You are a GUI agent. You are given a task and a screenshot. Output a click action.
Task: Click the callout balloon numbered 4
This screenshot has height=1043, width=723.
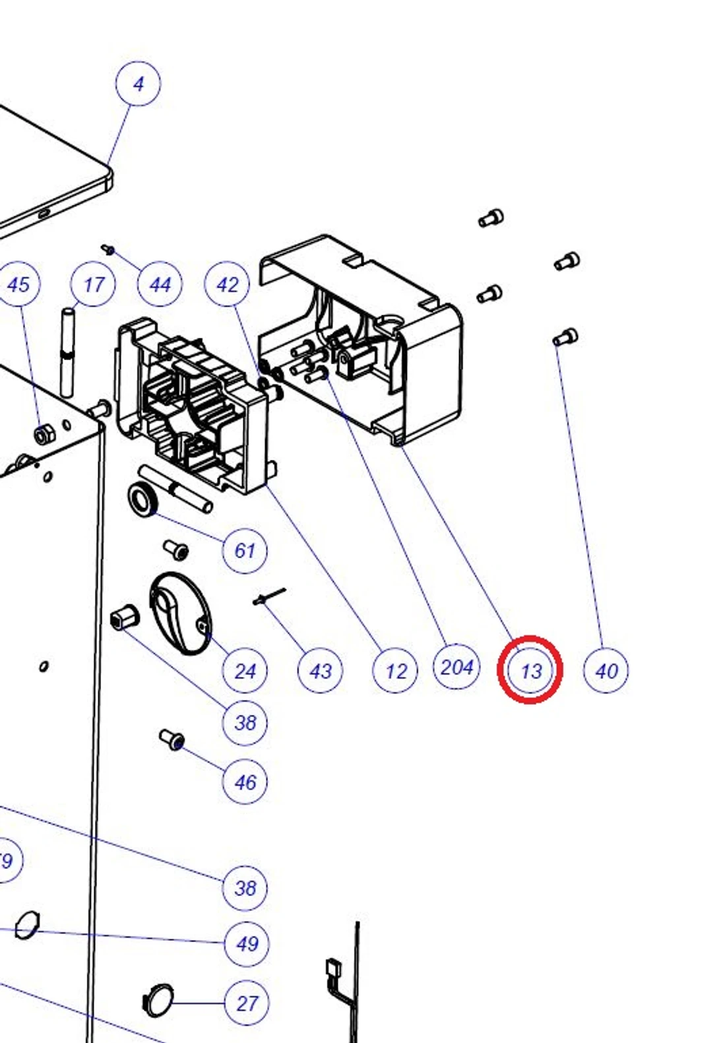point(138,84)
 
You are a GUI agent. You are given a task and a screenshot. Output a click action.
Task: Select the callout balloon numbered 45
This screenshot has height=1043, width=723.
point(18,284)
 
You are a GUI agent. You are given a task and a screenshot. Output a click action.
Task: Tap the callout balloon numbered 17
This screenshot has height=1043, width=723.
point(94,284)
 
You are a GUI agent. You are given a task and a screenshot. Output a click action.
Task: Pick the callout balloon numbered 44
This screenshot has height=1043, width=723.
point(160,284)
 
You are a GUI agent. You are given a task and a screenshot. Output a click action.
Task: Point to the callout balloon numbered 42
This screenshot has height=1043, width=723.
point(227,284)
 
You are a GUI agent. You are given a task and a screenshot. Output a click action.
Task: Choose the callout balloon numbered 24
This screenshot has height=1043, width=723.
point(245,671)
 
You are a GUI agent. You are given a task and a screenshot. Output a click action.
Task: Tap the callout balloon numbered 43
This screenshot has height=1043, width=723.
point(321,671)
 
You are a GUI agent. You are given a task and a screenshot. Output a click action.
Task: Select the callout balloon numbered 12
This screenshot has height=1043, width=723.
point(395,671)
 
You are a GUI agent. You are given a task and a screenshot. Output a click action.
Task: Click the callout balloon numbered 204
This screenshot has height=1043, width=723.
point(456,667)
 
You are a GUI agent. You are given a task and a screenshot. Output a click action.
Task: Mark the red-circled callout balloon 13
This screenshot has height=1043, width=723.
point(530,670)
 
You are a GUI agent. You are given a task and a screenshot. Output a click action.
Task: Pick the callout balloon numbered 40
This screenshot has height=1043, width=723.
point(606,671)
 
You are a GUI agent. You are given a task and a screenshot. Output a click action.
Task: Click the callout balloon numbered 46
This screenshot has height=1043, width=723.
point(245,782)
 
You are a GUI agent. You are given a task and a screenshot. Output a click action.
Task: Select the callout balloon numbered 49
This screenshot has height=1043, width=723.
point(247,943)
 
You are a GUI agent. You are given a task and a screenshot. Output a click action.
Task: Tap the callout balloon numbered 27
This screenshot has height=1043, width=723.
point(247,1003)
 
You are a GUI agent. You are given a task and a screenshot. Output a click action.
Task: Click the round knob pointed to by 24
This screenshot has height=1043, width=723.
point(179,614)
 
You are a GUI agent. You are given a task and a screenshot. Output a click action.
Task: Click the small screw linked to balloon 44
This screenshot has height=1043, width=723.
point(109,250)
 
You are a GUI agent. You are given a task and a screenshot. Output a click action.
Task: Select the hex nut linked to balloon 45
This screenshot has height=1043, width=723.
point(43,435)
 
